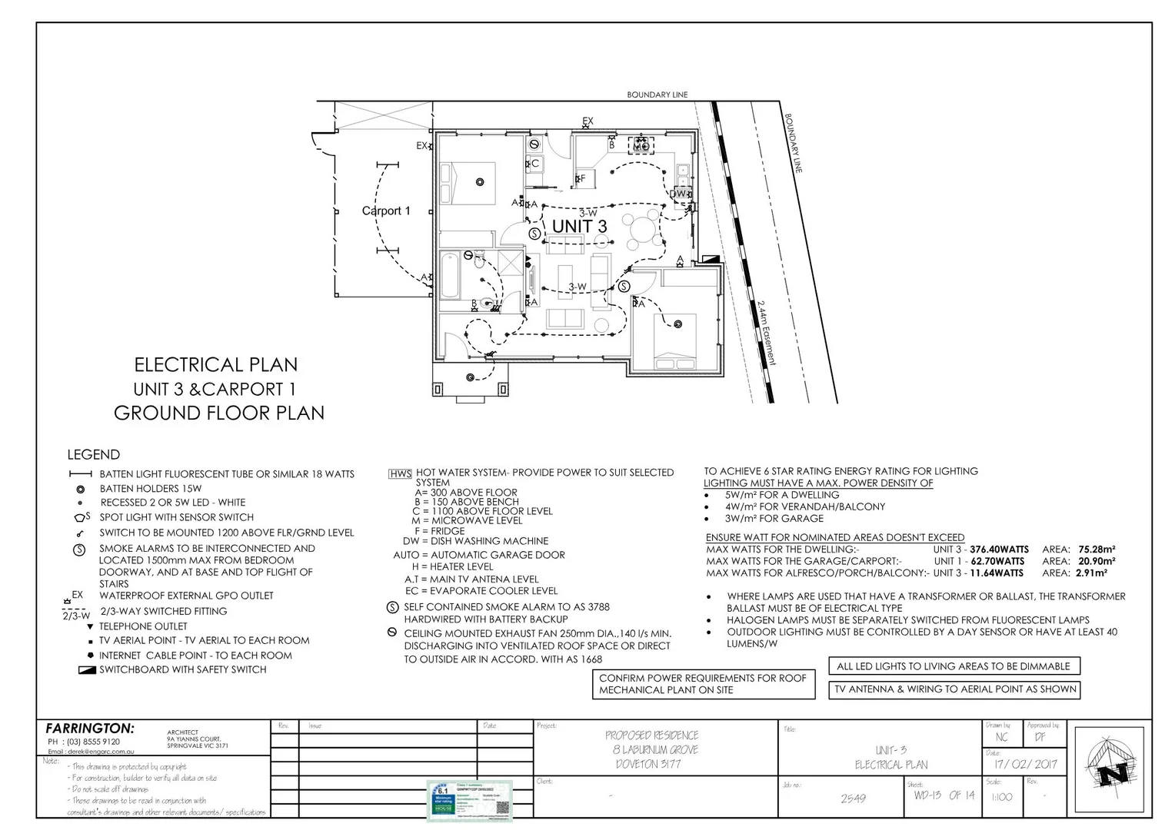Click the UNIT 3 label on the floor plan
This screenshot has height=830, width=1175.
pyautogui.click(x=579, y=226)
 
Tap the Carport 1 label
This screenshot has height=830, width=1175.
pyautogui.click(x=386, y=211)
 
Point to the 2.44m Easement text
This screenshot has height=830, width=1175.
pyautogui.click(x=766, y=332)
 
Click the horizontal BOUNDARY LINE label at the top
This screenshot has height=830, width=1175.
pyautogui.click(x=657, y=95)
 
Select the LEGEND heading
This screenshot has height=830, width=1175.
pyautogui.click(x=93, y=454)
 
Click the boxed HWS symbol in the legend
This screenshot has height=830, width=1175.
pyautogui.click(x=401, y=473)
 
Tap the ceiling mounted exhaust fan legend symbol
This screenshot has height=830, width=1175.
pyautogui.click(x=392, y=633)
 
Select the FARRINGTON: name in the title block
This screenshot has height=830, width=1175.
pyautogui.click(x=89, y=728)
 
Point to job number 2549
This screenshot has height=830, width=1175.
pyautogui.click(x=853, y=798)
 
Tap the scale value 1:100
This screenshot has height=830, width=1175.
pyautogui.click(x=1002, y=797)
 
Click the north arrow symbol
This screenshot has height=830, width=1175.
pyautogui.click(x=1111, y=769)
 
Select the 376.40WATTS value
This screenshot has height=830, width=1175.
pyautogui.click(x=999, y=549)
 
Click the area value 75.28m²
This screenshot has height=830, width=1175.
pyautogui.click(x=1097, y=549)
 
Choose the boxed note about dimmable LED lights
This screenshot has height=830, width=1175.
pyautogui.click(x=954, y=666)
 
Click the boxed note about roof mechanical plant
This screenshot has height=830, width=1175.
pyautogui.click(x=703, y=684)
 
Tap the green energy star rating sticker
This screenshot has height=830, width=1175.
pyautogui.click(x=469, y=801)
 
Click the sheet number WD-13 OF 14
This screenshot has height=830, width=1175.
pyautogui.click(x=943, y=795)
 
